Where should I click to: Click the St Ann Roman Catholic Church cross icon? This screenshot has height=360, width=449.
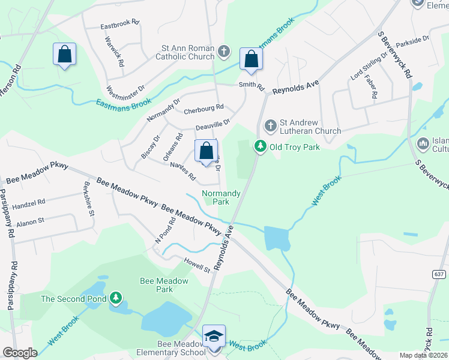pyautogui.click(x=224, y=51)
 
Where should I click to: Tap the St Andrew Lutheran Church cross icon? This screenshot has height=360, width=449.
pyautogui.click(x=270, y=125)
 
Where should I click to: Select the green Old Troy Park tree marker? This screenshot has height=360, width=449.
pyautogui.click(x=260, y=146)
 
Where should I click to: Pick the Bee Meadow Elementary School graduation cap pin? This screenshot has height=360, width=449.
pyautogui.click(x=214, y=337)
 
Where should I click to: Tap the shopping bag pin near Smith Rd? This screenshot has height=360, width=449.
pyautogui.click(x=251, y=59)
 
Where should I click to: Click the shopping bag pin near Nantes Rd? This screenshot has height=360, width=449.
pyautogui.click(x=206, y=152)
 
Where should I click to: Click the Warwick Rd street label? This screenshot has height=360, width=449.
pyautogui.click(x=114, y=51)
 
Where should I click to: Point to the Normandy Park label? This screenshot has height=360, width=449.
pyautogui.click(x=221, y=197)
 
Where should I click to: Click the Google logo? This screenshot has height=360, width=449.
pyautogui.click(x=20, y=353)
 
